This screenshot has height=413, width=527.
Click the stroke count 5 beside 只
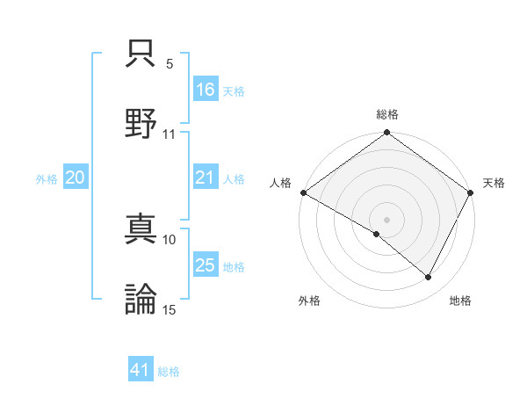click(x=170, y=64)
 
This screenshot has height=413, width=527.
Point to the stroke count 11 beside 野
click(x=170, y=134)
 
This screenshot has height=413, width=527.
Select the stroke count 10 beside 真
click(x=170, y=239)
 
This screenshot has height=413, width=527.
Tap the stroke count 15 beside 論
click(x=170, y=308)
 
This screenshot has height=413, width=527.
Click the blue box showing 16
click(x=206, y=90)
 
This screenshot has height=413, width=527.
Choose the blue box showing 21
click(x=206, y=178)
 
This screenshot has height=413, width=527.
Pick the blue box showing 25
click(x=206, y=265)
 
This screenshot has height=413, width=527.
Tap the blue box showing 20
click(x=75, y=178)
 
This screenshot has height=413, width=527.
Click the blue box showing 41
click(x=141, y=371)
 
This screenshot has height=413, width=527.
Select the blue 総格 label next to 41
click(x=169, y=372)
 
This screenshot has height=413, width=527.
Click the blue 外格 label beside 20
click(x=47, y=178)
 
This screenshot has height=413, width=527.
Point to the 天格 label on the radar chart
click(x=494, y=183)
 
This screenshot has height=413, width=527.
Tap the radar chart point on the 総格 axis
click(x=386, y=134)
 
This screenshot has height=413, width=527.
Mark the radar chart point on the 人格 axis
click(x=302, y=192)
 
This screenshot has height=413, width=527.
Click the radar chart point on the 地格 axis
click(x=429, y=277)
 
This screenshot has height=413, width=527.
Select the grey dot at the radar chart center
click(x=386, y=219)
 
